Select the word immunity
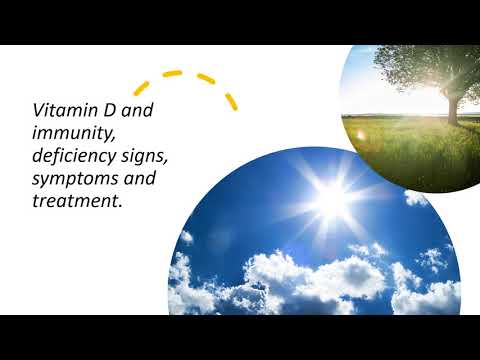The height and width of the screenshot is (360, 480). pos(67,133)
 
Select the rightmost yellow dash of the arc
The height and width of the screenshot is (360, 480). pos(231,101)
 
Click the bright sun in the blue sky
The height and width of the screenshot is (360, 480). pos(330,199)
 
